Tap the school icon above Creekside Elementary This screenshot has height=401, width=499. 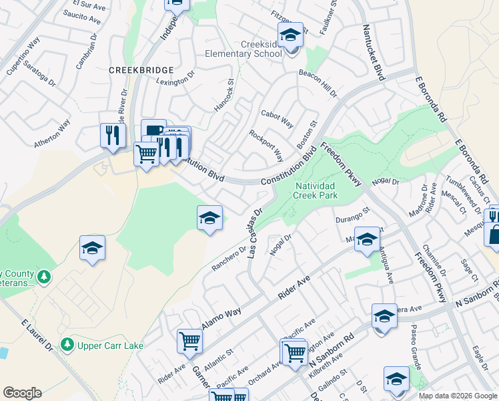pos(290,34)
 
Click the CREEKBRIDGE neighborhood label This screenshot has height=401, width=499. pos(142,70)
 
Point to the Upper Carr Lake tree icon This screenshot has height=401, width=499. pos(67,344)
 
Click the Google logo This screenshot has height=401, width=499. pos(22,393)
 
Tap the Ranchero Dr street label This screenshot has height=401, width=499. pos(229,259)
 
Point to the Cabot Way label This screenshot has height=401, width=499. pos(278,119)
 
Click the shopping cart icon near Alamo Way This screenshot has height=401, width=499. pos(189,342)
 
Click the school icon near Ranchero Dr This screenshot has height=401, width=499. pos(209,218)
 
